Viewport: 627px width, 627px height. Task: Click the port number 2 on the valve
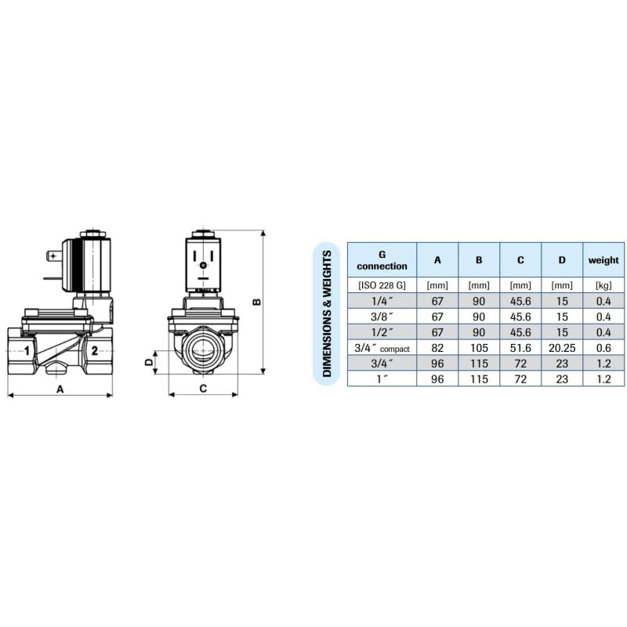pyautogui.click(x=94, y=350)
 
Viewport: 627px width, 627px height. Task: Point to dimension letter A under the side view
pyautogui.click(x=60, y=388)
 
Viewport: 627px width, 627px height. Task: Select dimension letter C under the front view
pyautogui.click(x=202, y=388)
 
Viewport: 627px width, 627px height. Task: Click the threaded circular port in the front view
pyautogui.click(x=203, y=350)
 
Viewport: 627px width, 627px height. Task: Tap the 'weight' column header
pyautogui.click(x=603, y=259)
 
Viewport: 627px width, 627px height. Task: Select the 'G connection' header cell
pyautogui.click(x=382, y=259)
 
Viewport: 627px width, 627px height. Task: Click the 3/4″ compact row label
pyautogui.click(x=382, y=348)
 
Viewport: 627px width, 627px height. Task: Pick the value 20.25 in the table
pyautogui.click(x=561, y=348)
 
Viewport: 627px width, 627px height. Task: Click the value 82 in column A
pyautogui.click(x=437, y=348)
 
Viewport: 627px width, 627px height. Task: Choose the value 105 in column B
pyautogui.click(x=479, y=348)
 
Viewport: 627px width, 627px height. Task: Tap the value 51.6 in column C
pyautogui.click(x=520, y=348)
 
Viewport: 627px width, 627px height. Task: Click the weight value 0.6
pyautogui.click(x=603, y=348)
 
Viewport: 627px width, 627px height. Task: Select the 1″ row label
pyautogui.click(x=382, y=379)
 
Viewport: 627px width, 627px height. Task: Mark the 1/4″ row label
pyautogui.click(x=382, y=302)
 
